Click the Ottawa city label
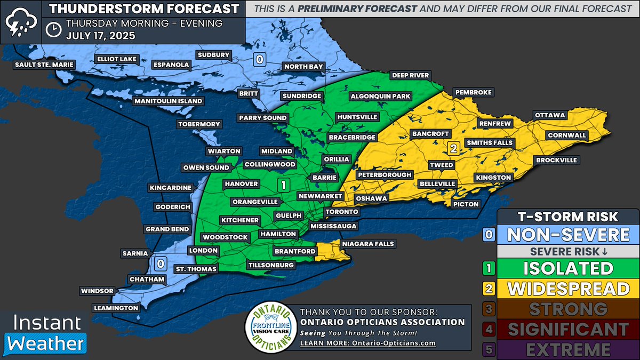point(550,115)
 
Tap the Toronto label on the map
point(341,212)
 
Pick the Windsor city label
point(97,291)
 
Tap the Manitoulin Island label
point(168,101)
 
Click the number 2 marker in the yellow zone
point(453,148)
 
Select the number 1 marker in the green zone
point(283,185)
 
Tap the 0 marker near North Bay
point(259,59)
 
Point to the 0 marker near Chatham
point(159,263)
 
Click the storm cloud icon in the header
point(19,21)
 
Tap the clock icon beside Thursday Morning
point(53,30)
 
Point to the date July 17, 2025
point(101,36)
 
